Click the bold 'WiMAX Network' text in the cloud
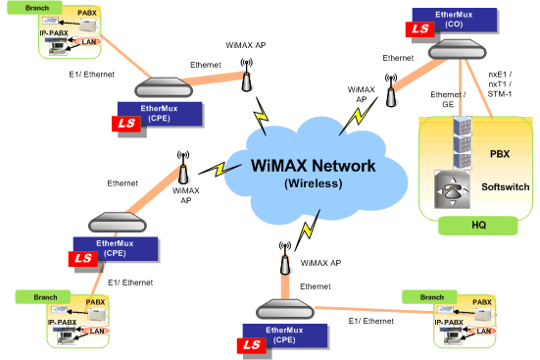tap(312, 165)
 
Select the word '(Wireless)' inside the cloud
tap(312, 182)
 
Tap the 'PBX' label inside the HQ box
tap(500, 154)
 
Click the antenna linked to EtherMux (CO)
tap(391, 93)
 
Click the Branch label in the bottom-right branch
tap(431, 295)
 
